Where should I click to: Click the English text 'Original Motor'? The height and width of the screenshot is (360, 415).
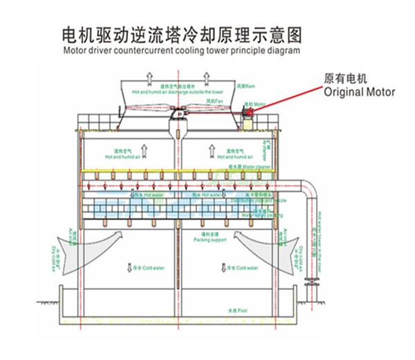point(360,91)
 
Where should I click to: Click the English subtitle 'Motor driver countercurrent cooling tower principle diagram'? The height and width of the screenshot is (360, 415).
point(182,51)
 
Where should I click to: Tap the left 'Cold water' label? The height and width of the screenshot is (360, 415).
point(145,267)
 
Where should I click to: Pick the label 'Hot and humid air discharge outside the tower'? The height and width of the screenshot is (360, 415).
point(177,91)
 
